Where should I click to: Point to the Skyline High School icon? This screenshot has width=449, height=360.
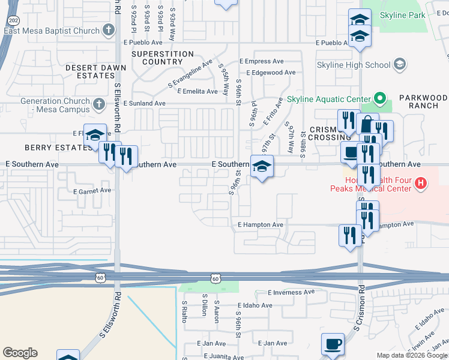pyautogui.click(x=399, y=65)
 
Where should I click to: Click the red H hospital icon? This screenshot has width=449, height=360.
pyautogui.click(x=421, y=184)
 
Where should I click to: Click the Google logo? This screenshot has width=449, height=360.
pyautogui.click(x=20, y=353)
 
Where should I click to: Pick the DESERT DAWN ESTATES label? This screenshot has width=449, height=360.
pyautogui.click(x=90, y=72)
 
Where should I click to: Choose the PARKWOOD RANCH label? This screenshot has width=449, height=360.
pyautogui.click(x=423, y=102)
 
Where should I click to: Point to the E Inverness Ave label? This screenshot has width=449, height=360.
pyautogui.click(x=291, y=292)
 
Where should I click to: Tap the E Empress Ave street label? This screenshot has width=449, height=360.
pyautogui.click(x=261, y=61)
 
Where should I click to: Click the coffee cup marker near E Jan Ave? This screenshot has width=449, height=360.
pyautogui.click(x=333, y=345)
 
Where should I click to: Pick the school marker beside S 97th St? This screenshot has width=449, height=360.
pyautogui.click(x=262, y=167)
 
